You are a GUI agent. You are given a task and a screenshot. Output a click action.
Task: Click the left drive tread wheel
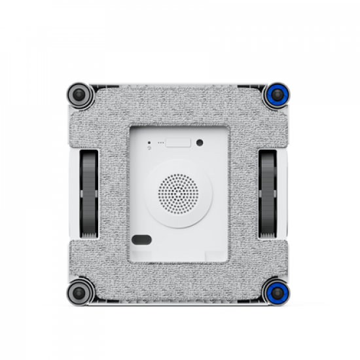(x=88, y=193)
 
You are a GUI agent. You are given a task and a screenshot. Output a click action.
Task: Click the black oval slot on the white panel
(x=142, y=239)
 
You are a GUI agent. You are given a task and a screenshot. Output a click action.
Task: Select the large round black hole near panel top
(x=200, y=143)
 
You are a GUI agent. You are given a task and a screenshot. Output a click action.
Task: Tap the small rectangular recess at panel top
(x=177, y=142)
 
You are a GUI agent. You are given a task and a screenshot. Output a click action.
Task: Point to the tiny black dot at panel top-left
(x=149, y=142)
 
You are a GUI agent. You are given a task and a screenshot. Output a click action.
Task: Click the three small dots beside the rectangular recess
(x=160, y=142)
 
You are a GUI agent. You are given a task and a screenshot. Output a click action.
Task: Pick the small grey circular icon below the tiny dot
(x=149, y=149)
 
